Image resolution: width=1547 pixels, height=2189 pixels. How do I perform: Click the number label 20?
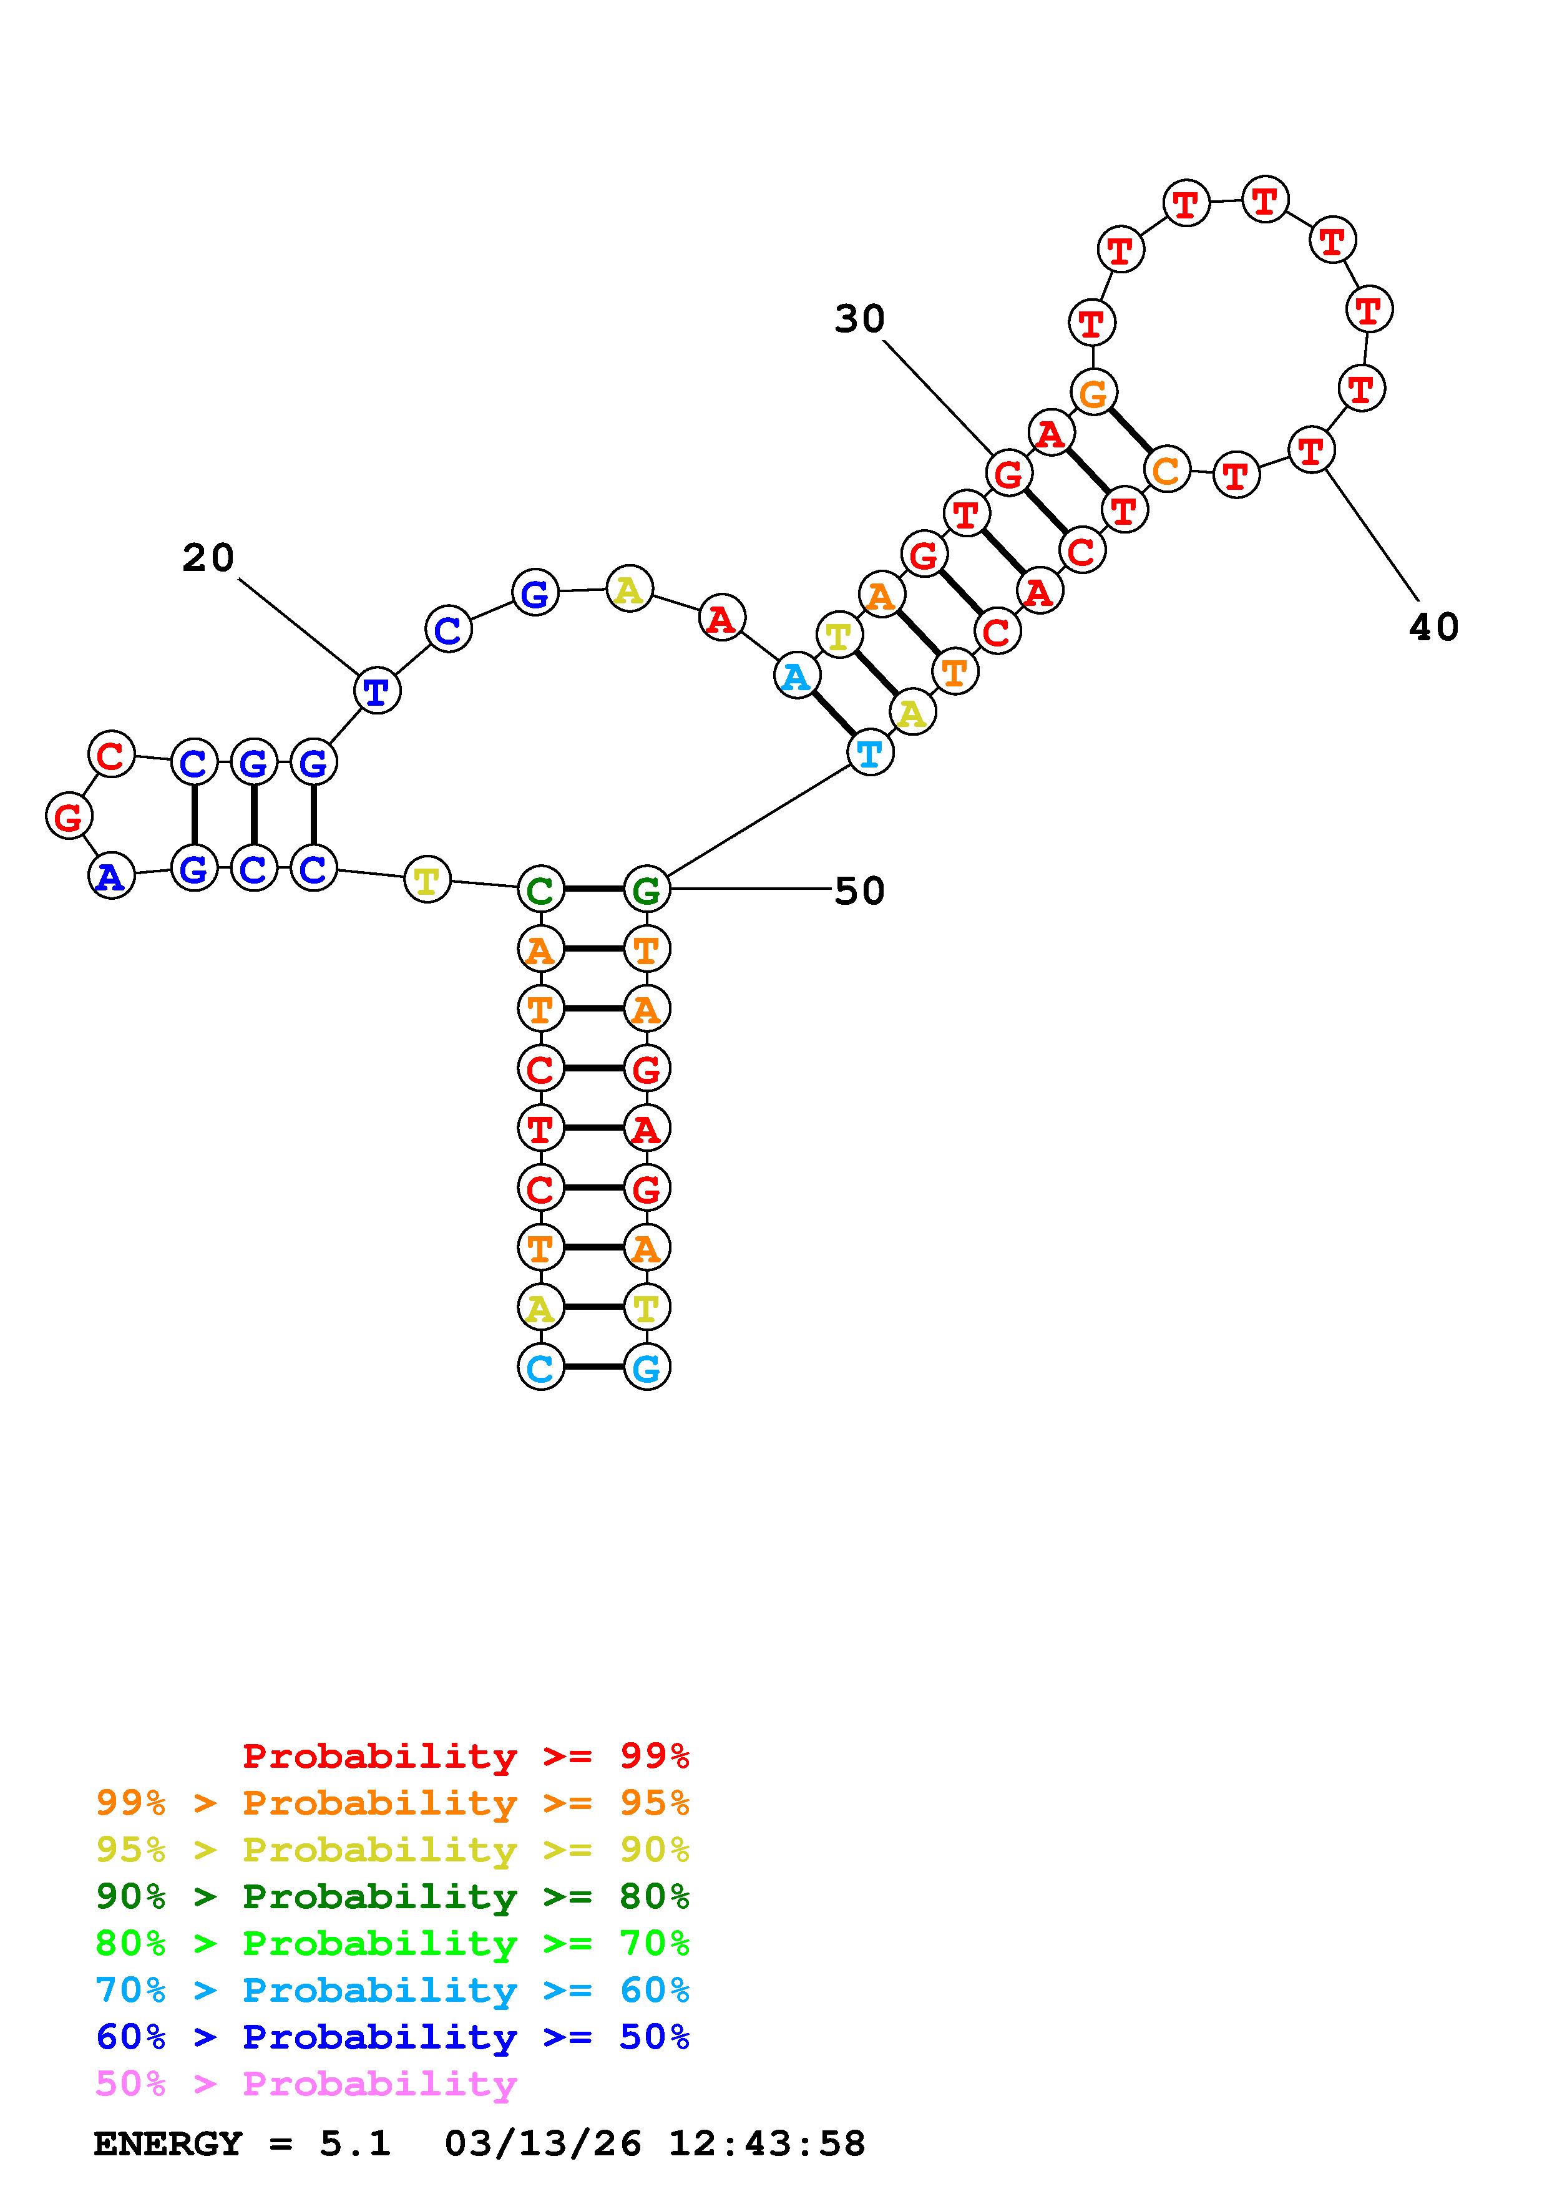(208, 558)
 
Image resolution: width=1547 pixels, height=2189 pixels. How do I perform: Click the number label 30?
(860, 319)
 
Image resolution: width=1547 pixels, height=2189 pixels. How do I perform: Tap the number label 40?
(1433, 627)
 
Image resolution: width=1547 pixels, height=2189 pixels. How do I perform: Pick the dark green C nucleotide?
(540, 890)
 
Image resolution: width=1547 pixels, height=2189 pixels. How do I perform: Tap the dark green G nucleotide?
(647, 890)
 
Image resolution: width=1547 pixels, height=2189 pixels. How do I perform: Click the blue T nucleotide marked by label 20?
(376, 691)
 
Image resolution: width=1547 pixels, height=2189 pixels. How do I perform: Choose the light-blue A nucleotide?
(796, 677)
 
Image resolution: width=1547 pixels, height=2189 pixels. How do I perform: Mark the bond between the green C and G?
(593, 890)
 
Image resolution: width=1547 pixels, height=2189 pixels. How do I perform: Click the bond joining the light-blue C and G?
(593, 1368)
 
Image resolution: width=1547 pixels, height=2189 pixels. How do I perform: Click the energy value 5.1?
(354, 2143)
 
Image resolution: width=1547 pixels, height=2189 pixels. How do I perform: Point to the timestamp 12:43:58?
(768, 2143)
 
